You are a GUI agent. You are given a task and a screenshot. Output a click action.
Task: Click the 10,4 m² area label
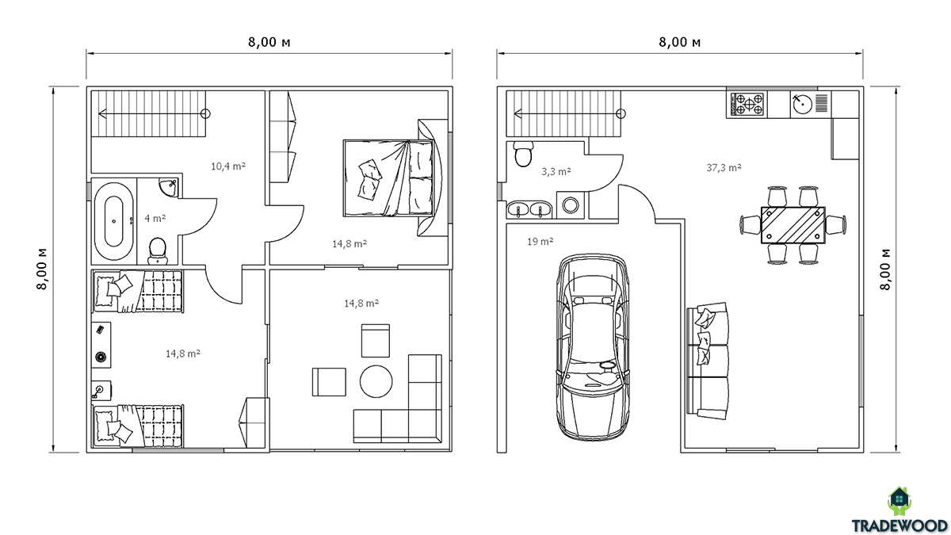228,166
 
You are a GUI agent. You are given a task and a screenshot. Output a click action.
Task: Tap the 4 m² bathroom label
155,218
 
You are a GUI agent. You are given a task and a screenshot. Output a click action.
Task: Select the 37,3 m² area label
724,168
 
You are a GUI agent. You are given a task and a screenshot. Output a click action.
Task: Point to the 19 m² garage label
540,242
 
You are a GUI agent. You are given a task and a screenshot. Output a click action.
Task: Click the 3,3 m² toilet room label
556,171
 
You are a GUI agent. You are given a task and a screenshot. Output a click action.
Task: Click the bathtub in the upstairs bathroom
113,221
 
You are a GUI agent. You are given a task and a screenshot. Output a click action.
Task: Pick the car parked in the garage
593,347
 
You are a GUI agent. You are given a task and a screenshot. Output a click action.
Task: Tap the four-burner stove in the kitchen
747,105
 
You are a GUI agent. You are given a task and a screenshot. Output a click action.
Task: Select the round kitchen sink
802,103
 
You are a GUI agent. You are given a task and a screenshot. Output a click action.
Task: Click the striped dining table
793,225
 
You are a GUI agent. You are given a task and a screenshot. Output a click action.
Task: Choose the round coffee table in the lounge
376,381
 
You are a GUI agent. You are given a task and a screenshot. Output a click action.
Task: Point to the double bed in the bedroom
388,178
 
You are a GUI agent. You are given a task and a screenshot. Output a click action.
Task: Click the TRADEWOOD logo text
899,525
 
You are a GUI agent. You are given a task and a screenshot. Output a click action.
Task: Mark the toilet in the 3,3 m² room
522,153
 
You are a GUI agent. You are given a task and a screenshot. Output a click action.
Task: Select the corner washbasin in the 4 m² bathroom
169,187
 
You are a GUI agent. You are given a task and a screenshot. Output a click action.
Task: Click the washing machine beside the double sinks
570,205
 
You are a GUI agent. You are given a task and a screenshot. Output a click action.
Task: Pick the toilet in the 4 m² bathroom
158,251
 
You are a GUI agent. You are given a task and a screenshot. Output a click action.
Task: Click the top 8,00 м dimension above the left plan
269,43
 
